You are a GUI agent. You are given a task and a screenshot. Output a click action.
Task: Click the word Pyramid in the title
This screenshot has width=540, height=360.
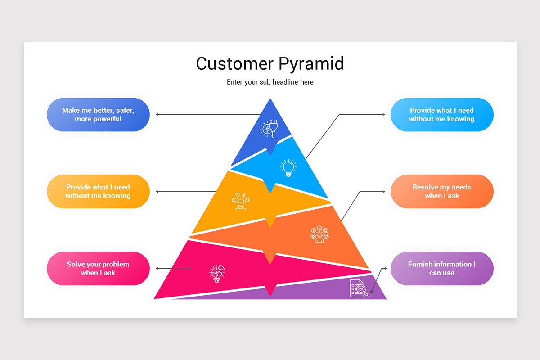[311, 64]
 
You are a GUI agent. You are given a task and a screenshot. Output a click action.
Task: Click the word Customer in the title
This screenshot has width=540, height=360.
[234, 64]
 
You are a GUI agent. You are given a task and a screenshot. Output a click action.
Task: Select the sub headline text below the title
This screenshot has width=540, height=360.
[270, 82]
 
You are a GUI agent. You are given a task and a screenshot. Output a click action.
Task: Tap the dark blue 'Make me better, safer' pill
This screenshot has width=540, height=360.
[98, 115]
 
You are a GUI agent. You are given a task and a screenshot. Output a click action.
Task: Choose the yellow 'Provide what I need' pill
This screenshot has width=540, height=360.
[98, 192]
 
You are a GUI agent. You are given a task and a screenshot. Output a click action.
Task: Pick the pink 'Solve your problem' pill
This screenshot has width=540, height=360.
[98, 269]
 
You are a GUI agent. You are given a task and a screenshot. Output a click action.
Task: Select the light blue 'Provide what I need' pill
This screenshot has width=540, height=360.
[441, 115]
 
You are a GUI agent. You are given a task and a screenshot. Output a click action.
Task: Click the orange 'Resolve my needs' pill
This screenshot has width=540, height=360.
[441, 192]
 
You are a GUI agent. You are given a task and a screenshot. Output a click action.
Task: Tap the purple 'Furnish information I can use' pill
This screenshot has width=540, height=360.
[441, 269]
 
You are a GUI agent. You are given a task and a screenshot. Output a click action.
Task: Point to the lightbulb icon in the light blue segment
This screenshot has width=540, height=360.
[288, 167]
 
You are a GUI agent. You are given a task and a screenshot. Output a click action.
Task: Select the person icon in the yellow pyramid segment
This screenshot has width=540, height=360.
[240, 202]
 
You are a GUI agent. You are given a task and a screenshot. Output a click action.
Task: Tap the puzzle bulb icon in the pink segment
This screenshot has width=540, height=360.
[217, 273]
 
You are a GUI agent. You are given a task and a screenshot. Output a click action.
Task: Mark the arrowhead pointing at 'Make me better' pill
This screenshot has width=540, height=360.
[157, 115]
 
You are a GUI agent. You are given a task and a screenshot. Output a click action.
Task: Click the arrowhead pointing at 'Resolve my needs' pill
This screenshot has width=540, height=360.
[384, 192]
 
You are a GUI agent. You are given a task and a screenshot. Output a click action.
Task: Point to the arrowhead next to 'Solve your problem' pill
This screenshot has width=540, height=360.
[157, 269]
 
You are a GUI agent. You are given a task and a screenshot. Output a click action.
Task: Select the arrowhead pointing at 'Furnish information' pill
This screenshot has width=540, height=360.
[385, 269]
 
